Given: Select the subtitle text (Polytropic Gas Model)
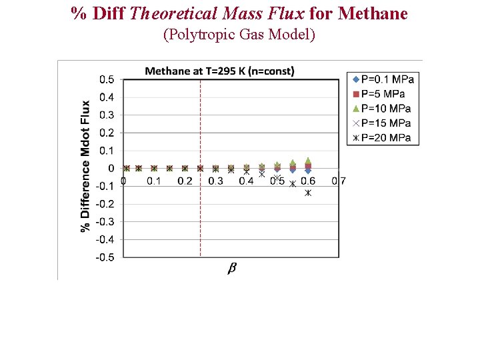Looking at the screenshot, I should (x=239, y=35).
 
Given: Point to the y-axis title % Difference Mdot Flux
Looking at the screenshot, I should (x=85, y=167).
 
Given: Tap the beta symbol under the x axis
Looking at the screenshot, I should (x=232, y=268).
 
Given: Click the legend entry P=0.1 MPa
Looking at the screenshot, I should (x=384, y=79).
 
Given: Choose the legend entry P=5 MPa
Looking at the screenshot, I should (x=380, y=94).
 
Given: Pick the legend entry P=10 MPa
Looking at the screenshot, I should (x=383, y=109).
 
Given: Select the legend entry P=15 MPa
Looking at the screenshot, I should (x=383, y=123).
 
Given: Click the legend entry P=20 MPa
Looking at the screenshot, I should (x=383, y=138).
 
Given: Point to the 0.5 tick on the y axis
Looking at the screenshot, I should (x=107, y=80).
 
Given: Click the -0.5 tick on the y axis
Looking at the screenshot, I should (x=105, y=257).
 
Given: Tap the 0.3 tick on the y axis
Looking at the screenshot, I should (x=107, y=115).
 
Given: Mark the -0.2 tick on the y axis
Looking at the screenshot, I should (x=105, y=204).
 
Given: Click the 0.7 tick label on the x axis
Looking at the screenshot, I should (x=339, y=181).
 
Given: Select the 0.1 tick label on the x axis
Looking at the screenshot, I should (x=153, y=181).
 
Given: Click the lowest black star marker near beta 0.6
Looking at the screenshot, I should (x=308, y=193).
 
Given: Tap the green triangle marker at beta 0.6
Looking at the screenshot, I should (x=308, y=161).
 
